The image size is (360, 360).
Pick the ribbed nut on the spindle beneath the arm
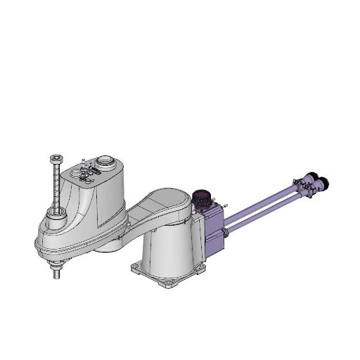56,264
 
